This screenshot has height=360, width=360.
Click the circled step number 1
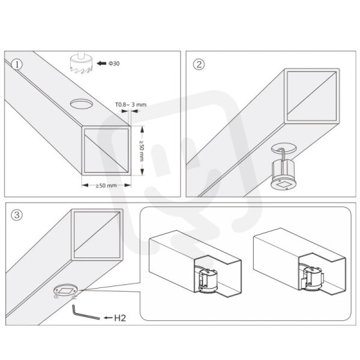coord(17,65)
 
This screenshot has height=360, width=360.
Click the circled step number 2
coord(199,64)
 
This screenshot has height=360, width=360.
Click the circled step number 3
coord(17,215)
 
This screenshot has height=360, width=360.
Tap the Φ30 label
coord(114,64)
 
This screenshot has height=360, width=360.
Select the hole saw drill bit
coord(81,62)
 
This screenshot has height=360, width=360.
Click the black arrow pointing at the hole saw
coord(101,64)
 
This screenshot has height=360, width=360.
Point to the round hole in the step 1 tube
coord(82,104)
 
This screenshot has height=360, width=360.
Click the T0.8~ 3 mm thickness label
coord(131,104)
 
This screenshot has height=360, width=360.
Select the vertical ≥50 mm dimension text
coord(142,151)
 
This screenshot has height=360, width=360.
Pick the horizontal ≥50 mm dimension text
coord(106,185)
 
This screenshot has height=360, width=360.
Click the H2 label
coord(120,318)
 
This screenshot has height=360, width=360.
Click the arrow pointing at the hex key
coord(109,318)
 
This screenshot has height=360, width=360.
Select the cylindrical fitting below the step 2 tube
coord(282,175)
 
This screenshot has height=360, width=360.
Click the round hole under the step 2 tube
coord(284,149)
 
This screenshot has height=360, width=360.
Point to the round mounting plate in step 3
coord(65,291)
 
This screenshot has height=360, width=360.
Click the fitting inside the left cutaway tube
coord(206,281)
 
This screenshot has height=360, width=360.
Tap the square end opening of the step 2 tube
coord(312,96)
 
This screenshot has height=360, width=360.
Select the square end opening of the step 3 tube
coord(97,235)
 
